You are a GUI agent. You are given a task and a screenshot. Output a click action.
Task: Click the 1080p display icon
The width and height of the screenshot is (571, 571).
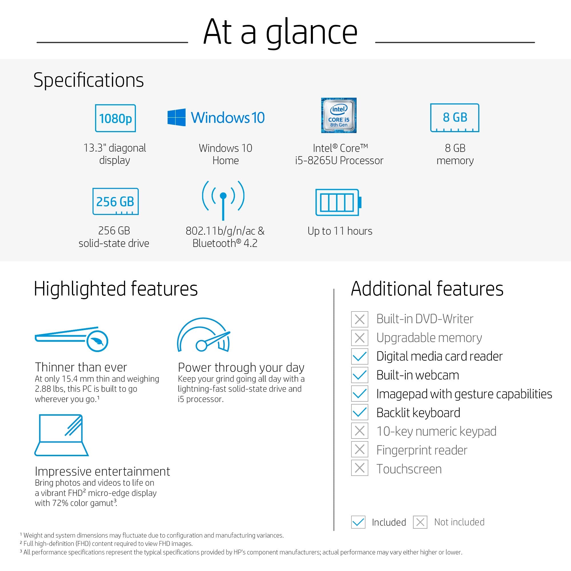tap(115, 118)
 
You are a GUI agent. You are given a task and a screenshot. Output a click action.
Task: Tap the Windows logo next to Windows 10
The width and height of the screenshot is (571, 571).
tap(176, 117)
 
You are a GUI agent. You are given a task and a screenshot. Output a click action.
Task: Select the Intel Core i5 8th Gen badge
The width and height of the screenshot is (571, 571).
tap(339, 115)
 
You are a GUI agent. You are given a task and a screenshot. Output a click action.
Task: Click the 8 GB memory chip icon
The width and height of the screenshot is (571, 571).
tap(455, 118)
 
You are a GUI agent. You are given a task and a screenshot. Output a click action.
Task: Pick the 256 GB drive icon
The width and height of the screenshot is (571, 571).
tap(115, 201)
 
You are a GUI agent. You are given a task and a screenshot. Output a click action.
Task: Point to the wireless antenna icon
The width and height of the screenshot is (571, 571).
tap(223, 200)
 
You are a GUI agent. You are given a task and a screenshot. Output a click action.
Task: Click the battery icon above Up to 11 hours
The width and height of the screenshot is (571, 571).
tap(338, 202)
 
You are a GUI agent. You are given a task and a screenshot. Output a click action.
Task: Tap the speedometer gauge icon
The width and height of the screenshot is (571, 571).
tap(203, 335)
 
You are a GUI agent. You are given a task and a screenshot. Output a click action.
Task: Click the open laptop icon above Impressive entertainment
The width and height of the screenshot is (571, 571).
tap(61, 435)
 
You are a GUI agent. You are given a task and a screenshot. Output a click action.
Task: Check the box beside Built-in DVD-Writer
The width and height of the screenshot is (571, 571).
tap(359, 319)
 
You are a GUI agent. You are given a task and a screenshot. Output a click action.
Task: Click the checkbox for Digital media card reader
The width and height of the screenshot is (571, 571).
tap(359, 356)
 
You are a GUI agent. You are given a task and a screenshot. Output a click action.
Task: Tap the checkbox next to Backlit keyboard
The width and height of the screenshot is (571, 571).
tap(359, 412)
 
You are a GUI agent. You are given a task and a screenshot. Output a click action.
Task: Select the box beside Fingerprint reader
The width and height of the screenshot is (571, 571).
tap(359, 450)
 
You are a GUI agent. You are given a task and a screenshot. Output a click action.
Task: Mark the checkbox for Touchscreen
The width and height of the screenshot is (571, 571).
tap(359, 468)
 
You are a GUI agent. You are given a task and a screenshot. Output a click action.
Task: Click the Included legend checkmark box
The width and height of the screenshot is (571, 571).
tap(358, 522)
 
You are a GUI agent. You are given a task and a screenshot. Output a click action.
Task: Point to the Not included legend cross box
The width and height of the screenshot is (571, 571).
tap(420, 522)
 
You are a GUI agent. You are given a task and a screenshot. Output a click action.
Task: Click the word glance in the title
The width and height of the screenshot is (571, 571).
tap(311, 33)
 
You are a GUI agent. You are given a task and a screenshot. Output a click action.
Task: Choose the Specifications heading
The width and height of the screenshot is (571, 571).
tap(89, 80)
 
